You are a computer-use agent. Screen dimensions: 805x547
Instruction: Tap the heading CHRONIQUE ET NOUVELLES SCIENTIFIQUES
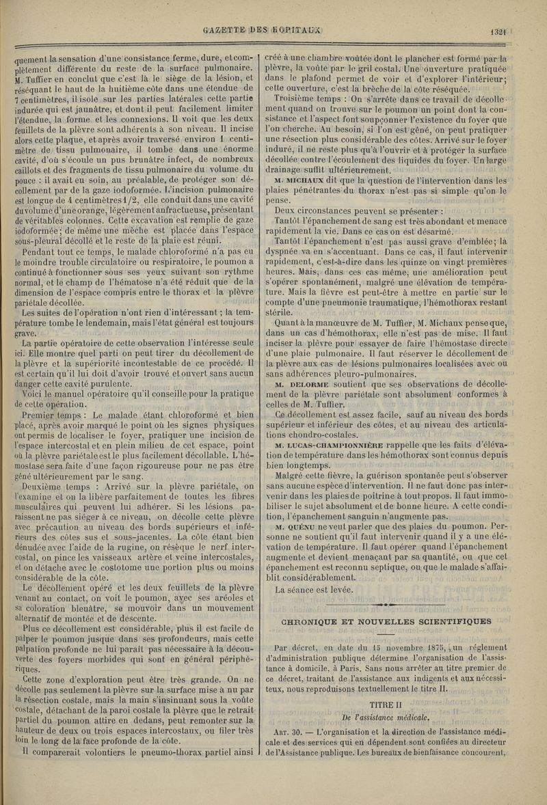(x=387, y=620)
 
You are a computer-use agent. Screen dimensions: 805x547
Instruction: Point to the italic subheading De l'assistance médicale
(x=387, y=717)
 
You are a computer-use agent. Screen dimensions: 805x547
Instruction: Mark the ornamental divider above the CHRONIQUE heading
(x=387, y=605)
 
